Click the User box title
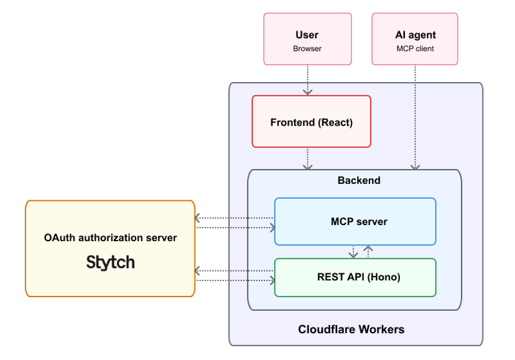[307, 35]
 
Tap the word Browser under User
[307, 48]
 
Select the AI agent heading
[415, 35]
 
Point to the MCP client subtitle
[415, 48]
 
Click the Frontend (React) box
[311, 122]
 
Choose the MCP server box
[355, 221]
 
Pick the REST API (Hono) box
[355, 277]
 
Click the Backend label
[359, 180]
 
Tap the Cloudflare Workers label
[351, 329]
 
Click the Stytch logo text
[110, 262]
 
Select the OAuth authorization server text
[110, 238]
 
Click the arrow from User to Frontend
[307, 80]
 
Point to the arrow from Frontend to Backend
[307, 158]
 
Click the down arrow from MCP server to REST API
[353, 252]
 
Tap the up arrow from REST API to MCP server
[368, 252]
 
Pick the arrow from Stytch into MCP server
[235, 228]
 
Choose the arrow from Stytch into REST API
[235, 280]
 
